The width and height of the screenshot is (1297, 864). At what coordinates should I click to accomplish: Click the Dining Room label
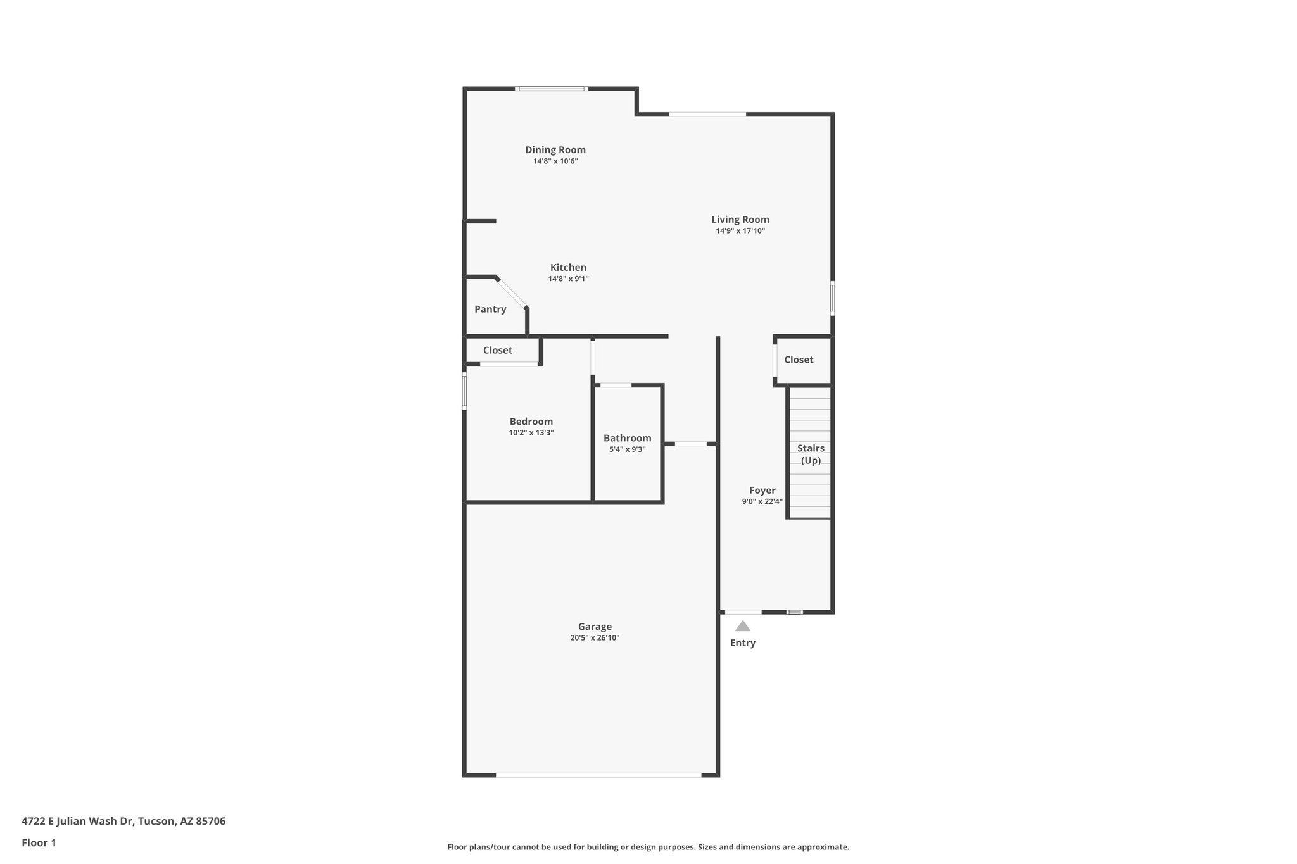tap(555, 150)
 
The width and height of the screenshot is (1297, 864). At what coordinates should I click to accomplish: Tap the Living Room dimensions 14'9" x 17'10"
tap(740, 231)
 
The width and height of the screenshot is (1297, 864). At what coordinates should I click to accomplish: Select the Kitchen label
tap(568, 268)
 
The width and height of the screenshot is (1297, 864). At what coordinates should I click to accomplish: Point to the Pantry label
tap(490, 310)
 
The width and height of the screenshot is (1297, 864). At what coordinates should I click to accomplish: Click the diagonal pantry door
tap(511, 293)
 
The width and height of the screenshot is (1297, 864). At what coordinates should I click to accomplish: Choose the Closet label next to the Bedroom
tap(498, 351)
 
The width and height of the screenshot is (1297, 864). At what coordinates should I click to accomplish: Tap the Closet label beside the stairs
tap(799, 360)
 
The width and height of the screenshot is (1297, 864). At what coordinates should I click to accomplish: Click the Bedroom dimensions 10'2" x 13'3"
tap(531, 433)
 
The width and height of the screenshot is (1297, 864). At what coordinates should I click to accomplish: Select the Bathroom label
tap(627, 438)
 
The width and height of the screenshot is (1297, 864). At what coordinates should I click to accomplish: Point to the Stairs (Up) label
tap(811, 454)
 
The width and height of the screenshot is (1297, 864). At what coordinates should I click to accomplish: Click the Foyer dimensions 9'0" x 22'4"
tap(762, 501)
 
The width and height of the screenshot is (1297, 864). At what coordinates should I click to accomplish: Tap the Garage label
tap(595, 627)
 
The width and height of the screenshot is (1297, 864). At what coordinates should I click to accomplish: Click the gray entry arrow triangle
tap(743, 626)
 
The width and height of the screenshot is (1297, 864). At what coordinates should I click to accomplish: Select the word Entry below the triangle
tap(743, 643)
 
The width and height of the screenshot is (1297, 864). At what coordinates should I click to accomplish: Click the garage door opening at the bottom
tap(598, 775)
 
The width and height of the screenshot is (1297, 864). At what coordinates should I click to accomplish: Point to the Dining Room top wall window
tap(551, 89)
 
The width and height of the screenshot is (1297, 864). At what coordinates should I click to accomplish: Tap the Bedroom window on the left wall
tap(464, 391)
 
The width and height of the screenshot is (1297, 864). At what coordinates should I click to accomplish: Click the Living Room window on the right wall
tap(832, 298)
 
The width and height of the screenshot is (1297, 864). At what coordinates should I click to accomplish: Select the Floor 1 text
tap(39, 843)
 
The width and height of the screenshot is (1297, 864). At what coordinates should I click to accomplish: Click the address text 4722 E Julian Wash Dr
tap(123, 822)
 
